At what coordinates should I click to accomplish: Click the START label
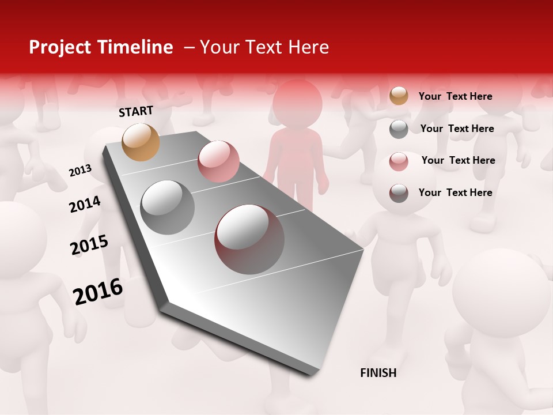click(x=136, y=111)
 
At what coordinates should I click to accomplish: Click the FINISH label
click(x=378, y=373)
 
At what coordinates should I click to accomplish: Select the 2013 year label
click(x=80, y=171)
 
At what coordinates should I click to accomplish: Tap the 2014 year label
click(x=85, y=204)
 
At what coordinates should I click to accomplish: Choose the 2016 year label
click(x=98, y=292)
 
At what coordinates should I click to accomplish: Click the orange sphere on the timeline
click(x=141, y=142)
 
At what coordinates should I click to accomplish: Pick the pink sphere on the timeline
click(x=218, y=161)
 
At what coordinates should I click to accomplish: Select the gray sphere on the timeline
click(x=168, y=207)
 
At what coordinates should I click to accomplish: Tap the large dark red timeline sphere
click(x=249, y=239)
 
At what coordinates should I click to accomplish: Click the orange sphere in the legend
click(x=399, y=96)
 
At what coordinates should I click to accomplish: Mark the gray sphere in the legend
click(x=399, y=129)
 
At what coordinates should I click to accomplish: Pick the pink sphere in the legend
click(x=399, y=161)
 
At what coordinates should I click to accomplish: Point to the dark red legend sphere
click(x=399, y=193)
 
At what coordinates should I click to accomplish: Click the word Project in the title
click(x=60, y=47)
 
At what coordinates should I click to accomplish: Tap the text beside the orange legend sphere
click(x=455, y=96)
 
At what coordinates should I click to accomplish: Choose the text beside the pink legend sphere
click(x=458, y=160)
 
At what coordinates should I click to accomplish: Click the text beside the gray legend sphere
click(x=457, y=129)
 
